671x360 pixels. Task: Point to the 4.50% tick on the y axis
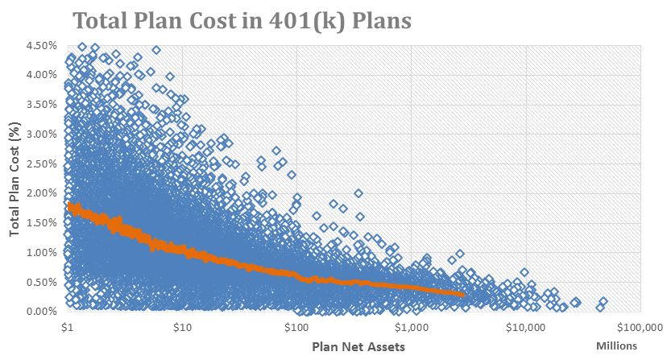click(x=42, y=45)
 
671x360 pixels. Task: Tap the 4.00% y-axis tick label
click(x=42, y=75)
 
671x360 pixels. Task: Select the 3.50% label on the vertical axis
click(x=42, y=105)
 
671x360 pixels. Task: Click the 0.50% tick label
click(x=42, y=282)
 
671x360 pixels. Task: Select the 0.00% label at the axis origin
click(x=42, y=311)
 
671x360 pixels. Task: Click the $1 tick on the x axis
click(x=68, y=328)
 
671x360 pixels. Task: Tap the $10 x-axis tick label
click(x=182, y=328)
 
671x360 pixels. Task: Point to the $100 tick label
click(x=296, y=328)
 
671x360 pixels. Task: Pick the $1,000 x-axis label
click(x=412, y=328)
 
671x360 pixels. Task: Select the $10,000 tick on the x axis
click(x=526, y=328)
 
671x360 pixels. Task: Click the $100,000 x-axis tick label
click(x=639, y=328)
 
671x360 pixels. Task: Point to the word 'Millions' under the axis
click(x=616, y=346)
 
